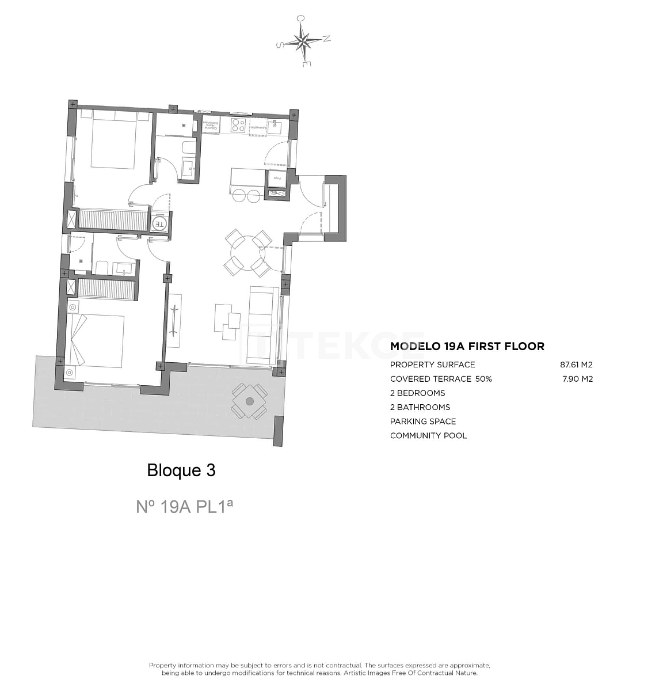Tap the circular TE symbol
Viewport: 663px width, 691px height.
159,223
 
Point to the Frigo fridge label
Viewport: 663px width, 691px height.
277,179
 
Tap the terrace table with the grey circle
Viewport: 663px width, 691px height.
249,401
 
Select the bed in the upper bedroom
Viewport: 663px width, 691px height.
113,141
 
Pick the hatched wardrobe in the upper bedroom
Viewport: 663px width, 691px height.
113,219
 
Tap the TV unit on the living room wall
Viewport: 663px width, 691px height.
174,320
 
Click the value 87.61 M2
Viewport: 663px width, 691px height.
576,365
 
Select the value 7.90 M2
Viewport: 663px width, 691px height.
577,379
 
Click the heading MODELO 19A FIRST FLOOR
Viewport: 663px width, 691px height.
467,346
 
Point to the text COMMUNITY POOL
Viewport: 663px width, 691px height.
428,435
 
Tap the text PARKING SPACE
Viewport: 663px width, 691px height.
423,422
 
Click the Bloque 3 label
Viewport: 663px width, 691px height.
181,470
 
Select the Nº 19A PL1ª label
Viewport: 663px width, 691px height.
184,506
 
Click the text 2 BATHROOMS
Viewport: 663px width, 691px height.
420,407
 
